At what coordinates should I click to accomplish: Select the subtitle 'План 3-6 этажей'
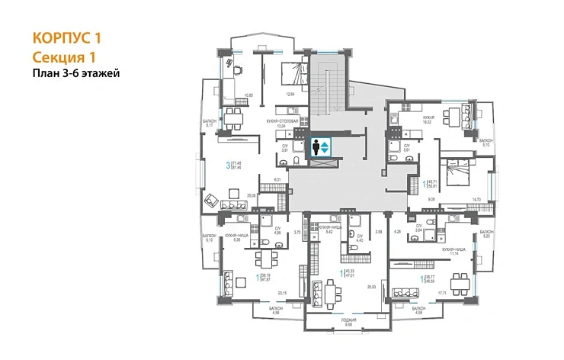pyautogui.click(x=77, y=73)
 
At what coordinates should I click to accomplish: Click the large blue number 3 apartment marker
pyautogui.click(x=228, y=164)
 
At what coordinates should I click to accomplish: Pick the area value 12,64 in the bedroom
pyautogui.click(x=289, y=95)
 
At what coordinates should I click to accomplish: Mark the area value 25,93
pyautogui.click(x=372, y=287)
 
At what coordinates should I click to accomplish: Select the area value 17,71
pyautogui.click(x=441, y=292)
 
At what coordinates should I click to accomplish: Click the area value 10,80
pyautogui.click(x=247, y=95)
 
